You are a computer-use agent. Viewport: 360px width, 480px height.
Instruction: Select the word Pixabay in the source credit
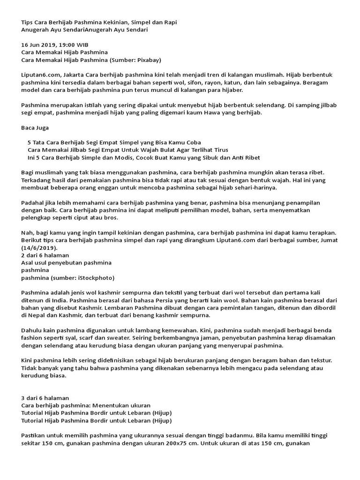pos(145,60)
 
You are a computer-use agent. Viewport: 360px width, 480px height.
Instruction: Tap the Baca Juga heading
pos(35,127)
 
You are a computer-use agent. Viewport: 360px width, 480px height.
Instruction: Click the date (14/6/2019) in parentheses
pos(39,247)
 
